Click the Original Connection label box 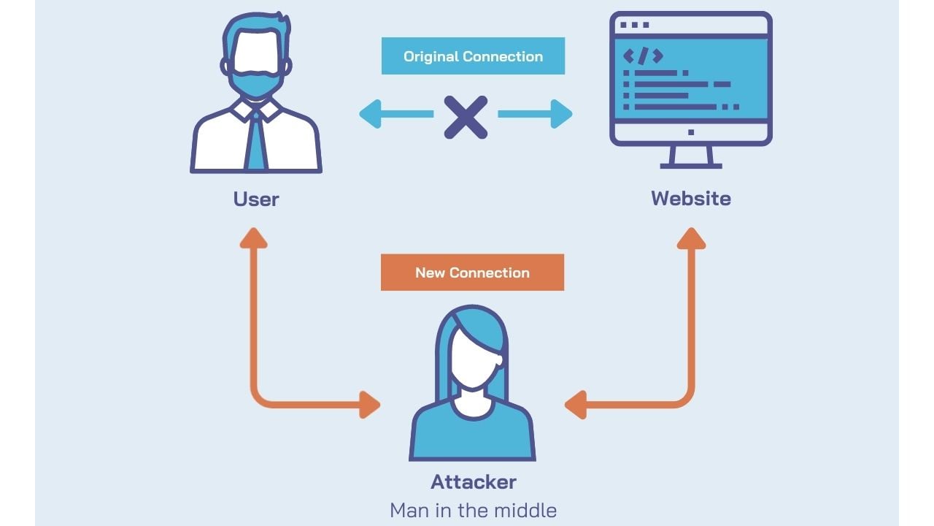click(473, 56)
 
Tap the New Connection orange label click(472, 272)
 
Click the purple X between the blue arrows click(466, 115)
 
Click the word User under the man click(256, 199)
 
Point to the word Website click(690, 199)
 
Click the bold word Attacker click(473, 482)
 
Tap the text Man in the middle click(473, 510)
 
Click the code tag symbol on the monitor click(643, 56)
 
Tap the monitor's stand click(690, 158)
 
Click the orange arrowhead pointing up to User click(252, 237)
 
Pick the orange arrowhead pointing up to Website click(691, 237)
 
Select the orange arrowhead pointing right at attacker click(370, 404)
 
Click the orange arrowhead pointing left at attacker click(576, 404)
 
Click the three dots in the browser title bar click(633, 25)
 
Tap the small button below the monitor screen click(691, 132)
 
